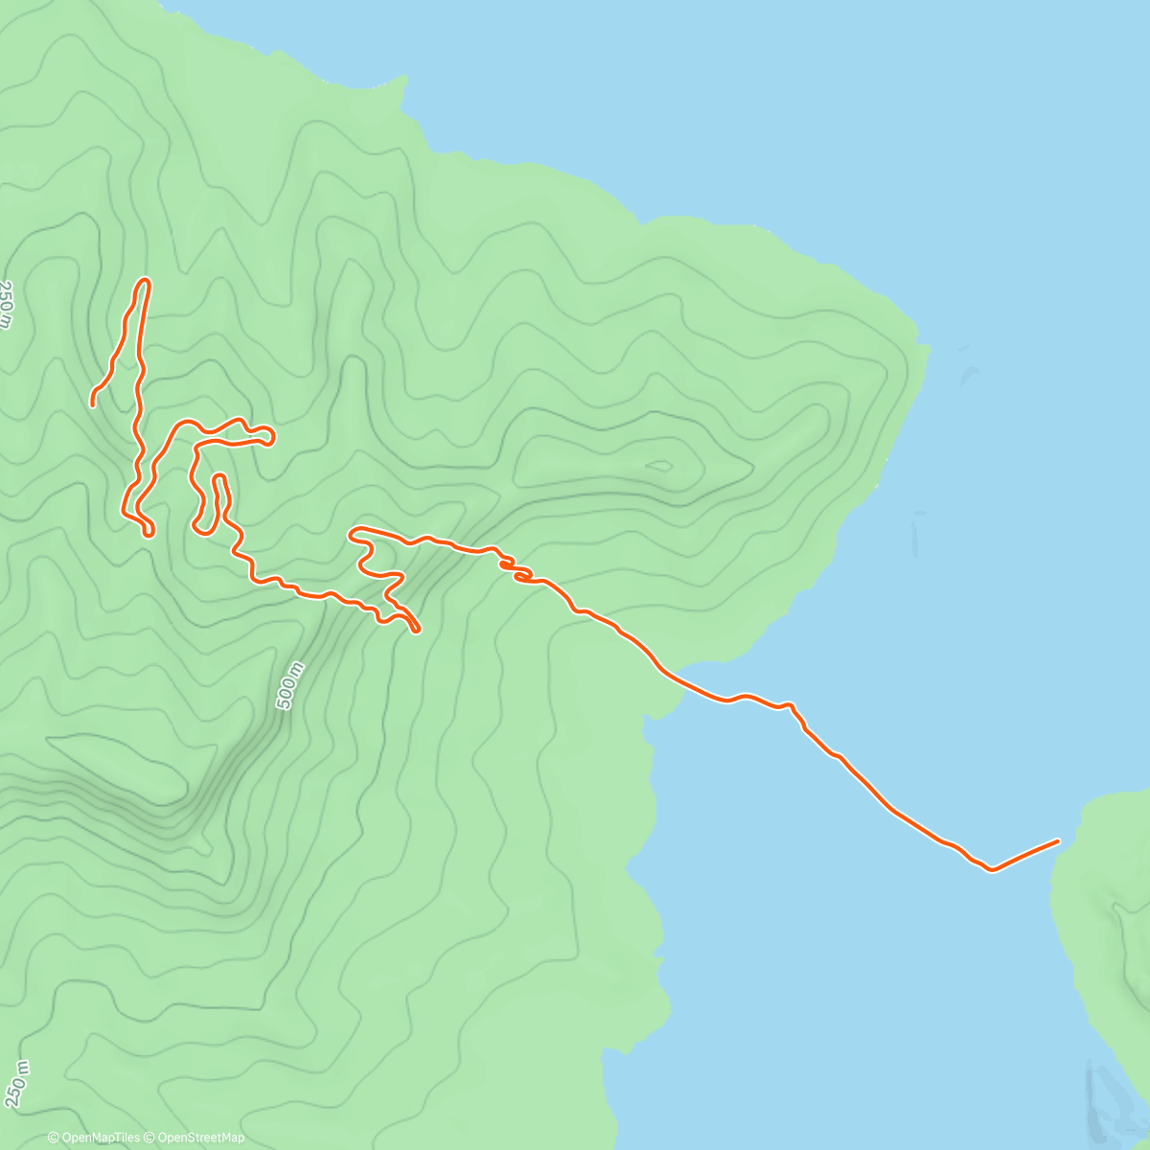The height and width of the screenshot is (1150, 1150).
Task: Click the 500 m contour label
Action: point(289,686)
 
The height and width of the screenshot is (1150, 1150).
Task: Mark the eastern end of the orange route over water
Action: point(1058,841)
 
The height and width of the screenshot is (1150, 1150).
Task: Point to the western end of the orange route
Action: point(93,404)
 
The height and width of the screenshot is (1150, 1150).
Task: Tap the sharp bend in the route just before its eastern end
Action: point(992,870)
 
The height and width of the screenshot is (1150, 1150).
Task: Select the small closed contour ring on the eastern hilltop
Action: point(660,467)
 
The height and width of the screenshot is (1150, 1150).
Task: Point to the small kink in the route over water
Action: point(792,706)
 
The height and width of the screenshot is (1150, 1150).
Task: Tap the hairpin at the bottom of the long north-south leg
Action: point(149,532)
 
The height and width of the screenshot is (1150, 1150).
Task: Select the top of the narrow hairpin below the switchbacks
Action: point(218,476)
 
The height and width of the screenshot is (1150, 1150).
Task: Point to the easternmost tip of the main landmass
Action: point(928,350)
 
